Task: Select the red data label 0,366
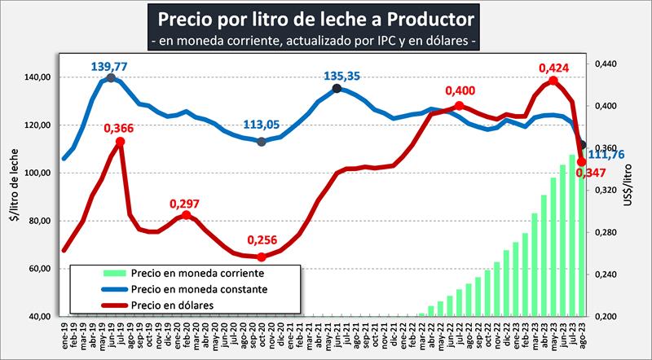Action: pyautogui.click(x=119, y=128)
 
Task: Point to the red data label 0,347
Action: pyautogui.click(x=589, y=173)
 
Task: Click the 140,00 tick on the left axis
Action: pyautogui.click(x=38, y=77)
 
